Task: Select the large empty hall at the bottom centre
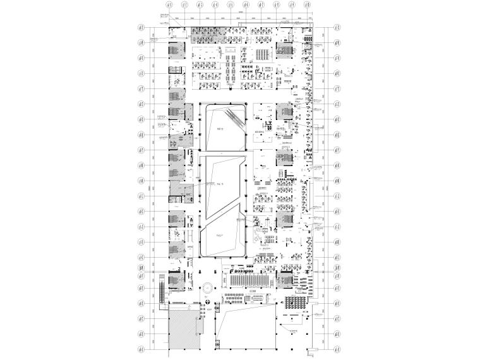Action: coord(246,328)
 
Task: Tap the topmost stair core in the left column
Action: coord(174,49)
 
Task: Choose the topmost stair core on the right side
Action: coord(284,49)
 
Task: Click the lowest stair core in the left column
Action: coord(174,280)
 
